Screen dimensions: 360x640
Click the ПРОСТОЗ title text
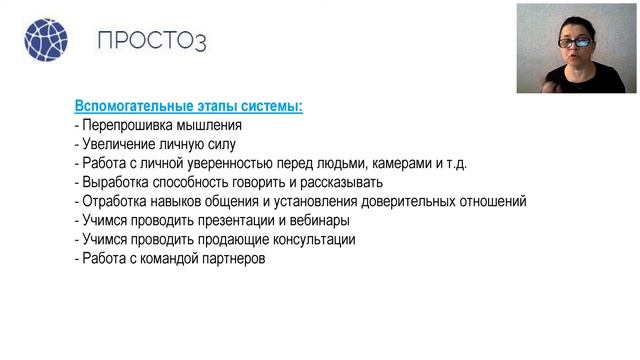point(152,41)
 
